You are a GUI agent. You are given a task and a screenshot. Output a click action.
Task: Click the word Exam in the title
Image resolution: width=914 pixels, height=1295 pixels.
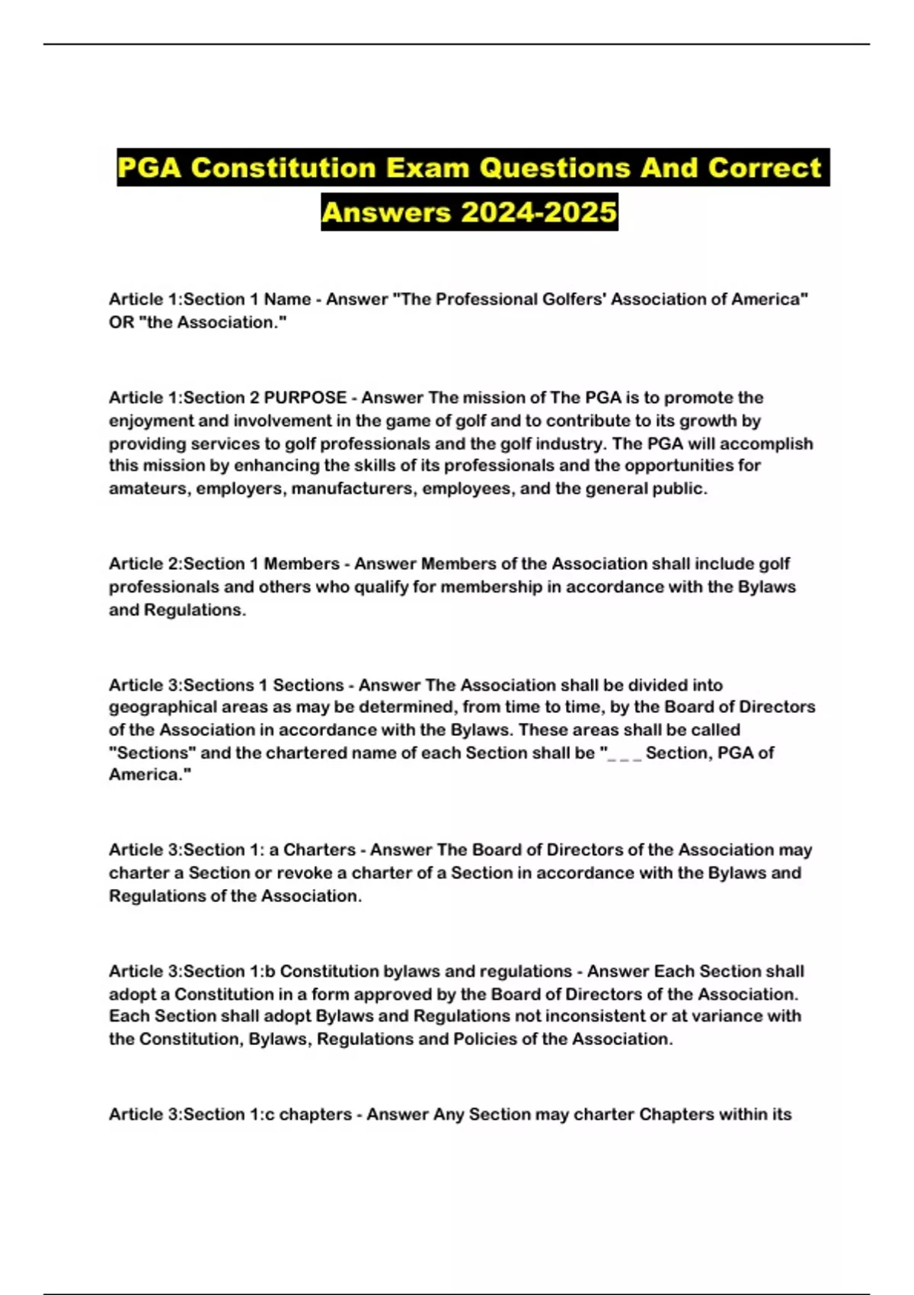point(426,168)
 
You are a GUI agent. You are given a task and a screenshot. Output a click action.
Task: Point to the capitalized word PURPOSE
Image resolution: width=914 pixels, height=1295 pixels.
point(305,398)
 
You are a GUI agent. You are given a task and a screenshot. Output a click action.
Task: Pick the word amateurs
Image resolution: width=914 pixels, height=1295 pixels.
point(148,488)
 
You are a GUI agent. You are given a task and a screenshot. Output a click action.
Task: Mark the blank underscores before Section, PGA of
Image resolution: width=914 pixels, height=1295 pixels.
point(625,754)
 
